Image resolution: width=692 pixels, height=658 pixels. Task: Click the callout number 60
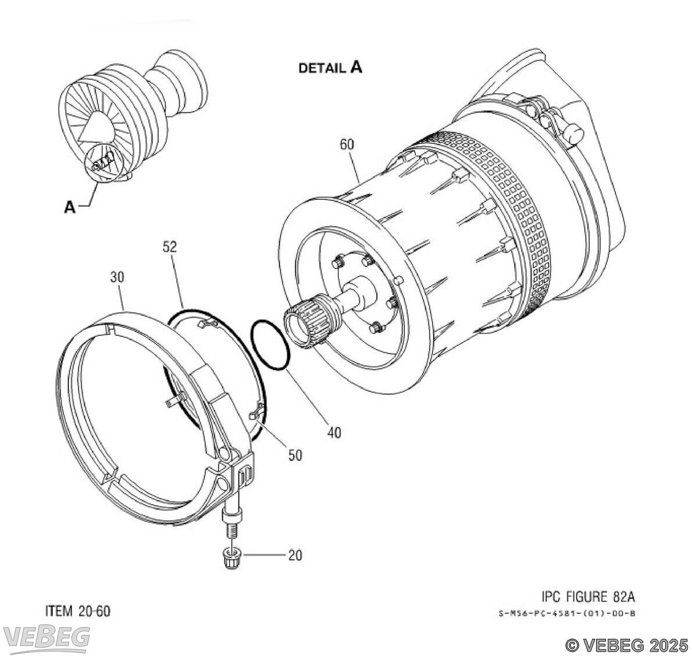point(347,144)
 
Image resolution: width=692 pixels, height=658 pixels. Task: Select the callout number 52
point(169,247)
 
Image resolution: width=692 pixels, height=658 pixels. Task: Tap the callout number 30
point(117,278)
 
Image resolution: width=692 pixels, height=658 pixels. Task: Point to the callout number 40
point(334,432)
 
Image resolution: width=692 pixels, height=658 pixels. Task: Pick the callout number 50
point(295,456)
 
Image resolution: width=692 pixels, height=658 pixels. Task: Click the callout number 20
point(295,555)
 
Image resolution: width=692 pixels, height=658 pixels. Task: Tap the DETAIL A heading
point(330,67)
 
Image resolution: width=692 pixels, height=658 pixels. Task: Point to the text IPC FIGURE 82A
point(588,596)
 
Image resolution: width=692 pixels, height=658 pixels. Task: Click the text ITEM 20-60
point(78,611)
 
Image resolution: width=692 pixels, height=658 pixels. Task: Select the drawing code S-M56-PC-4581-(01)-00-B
point(567,613)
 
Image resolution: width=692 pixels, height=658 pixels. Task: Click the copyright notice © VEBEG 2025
point(627,645)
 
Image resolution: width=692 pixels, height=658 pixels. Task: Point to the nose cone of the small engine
point(96,127)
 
